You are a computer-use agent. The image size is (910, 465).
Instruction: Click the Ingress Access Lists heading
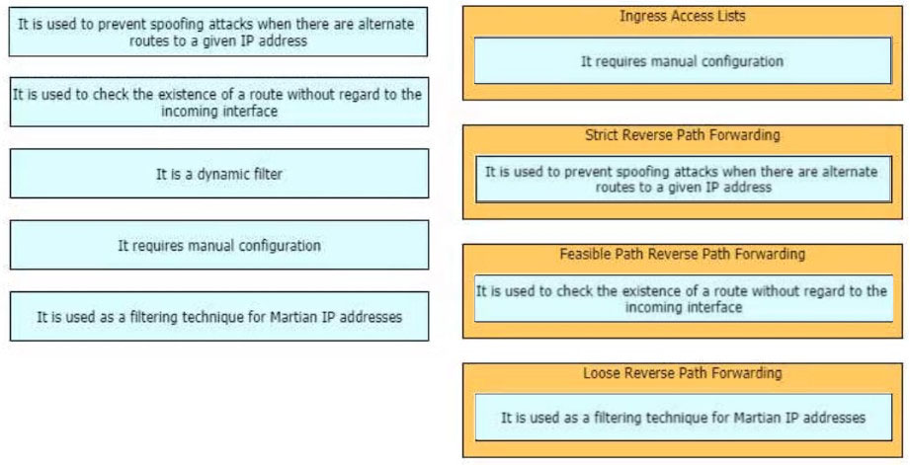pos(682,16)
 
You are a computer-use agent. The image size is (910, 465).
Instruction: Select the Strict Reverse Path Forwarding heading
pos(682,135)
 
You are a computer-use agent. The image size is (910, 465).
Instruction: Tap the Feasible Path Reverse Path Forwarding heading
pos(682,254)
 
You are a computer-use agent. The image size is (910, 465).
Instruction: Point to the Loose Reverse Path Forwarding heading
pos(682,373)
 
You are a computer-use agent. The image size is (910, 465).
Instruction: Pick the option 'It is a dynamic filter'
pos(219,174)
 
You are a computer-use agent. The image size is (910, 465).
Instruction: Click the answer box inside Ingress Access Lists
pos(683,61)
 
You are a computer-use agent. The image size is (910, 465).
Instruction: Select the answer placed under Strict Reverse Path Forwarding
pos(683,179)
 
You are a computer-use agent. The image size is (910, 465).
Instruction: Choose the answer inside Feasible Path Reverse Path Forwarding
pos(683,298)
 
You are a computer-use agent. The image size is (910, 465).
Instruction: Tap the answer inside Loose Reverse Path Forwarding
pos(683,418)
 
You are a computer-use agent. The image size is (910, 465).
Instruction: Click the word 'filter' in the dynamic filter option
pos(266,174)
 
